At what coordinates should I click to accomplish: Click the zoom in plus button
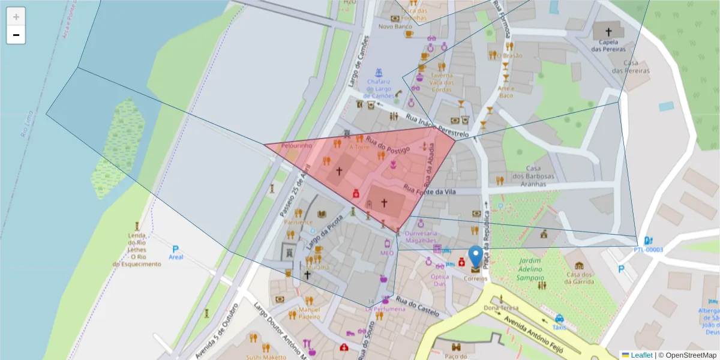tap(16, 16)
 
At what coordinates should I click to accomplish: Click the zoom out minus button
tap(16, 35)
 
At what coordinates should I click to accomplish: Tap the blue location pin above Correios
tap(476, 256)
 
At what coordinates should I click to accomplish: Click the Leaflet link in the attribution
tap(641, 355)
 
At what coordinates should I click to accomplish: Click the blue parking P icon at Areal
tap(175, 248)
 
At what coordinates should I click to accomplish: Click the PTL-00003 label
tap(648, 250)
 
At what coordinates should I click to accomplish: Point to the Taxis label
tap(559, 328)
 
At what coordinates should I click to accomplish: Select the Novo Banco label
tap(395, 26)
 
